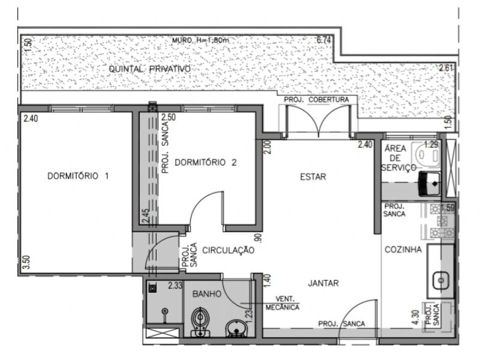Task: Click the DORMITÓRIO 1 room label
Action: (78, 176)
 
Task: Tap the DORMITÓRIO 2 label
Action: (206, 162)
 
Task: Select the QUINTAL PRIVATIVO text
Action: (149, 69)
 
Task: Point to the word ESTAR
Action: (313, 177)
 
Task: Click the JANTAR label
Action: (323, 283)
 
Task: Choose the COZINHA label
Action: (403, 250)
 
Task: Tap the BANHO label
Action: (207, 294)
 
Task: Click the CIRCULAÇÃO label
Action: (229, 250)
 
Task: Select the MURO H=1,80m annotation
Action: (200, 40)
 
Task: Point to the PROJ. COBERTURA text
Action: (317, 100)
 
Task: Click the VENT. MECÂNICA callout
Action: (283, 303)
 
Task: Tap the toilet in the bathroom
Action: (200, 322)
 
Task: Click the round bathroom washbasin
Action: (236, 328)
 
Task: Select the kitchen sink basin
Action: (441, 280)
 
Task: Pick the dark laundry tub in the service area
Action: (429, 184)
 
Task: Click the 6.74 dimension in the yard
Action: (323, 40)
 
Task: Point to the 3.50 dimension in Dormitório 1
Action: (27, 262)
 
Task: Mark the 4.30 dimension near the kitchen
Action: (415, 317)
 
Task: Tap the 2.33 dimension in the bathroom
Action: (175, 286)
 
